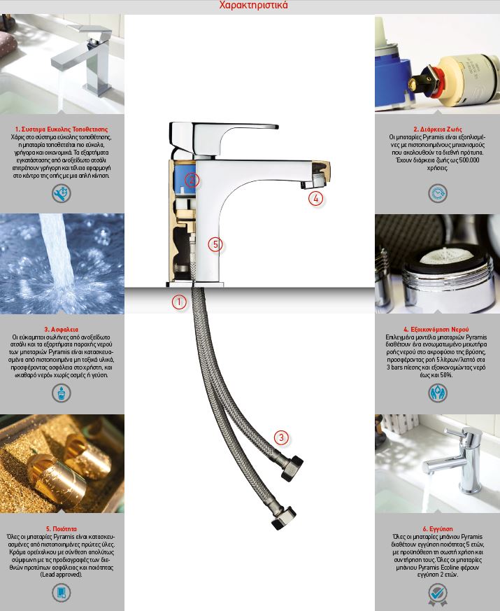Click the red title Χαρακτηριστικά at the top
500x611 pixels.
tap(253, 5)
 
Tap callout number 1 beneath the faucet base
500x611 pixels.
tap(179, 302)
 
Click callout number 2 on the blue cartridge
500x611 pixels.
tap(192, 180)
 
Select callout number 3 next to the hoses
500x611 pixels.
tap(282, 437)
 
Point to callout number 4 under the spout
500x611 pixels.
tap(316, 198)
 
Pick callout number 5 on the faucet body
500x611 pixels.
tap(215, 244)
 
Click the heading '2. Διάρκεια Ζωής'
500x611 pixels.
tap(437, 129)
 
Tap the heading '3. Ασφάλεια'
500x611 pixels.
tap(62, 329)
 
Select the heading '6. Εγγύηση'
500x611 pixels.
tap(438, 529)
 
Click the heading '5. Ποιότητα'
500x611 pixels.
tap(62, 529)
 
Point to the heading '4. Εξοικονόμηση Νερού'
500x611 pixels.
tap(436, 329)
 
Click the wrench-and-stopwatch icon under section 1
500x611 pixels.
tap(62, 194)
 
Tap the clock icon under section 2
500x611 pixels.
tap(438, 193)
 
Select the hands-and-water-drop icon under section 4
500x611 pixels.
tap(438, 393)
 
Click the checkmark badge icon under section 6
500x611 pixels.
tap(438, 594)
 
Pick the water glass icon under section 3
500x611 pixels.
tap(62, 393)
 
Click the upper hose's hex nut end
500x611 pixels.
tap(292, 468)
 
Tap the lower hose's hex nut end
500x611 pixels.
tap(284, 517)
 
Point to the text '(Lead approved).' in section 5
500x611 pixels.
tap(62, 575)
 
